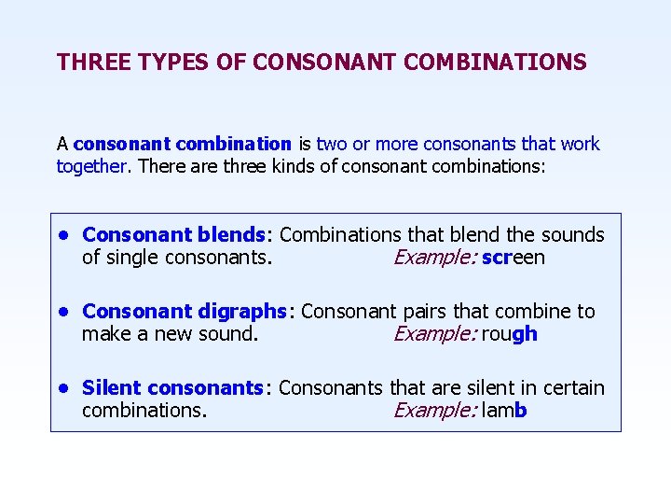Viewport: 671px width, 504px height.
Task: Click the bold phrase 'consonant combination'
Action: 183,144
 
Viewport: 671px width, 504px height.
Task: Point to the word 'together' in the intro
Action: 91,166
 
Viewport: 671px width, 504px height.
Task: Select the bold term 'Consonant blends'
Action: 174,235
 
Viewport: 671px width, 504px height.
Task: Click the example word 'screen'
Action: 514,258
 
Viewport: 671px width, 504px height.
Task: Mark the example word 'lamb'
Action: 504,411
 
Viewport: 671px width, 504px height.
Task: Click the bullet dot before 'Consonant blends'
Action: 62,235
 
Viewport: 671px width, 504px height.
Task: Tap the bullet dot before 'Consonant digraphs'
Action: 62,312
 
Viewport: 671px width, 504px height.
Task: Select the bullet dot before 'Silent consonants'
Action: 62,388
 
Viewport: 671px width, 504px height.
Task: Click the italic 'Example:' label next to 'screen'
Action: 435,258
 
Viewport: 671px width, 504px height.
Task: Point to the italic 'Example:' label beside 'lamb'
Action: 435,411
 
